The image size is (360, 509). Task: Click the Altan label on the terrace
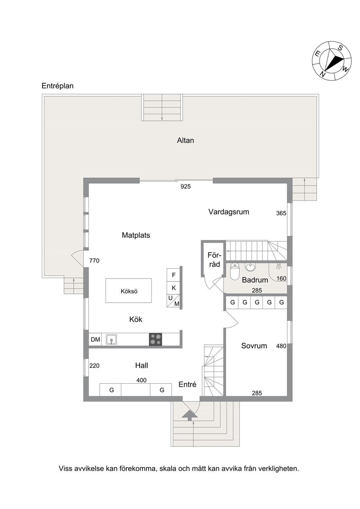coord(185,140)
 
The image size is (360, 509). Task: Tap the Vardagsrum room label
coord(229,212)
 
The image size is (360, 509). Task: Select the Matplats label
coord(136,235)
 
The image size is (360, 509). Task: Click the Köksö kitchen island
coord(128,291)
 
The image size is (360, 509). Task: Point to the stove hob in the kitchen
coord(155,339)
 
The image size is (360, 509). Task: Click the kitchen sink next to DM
coord(111,340)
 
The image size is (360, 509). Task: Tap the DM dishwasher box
coord(95,340)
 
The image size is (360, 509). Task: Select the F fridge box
coord(173,275)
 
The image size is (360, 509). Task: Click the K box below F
coord(173,288)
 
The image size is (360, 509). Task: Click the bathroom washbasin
coord(250,267)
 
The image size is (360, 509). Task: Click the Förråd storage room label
coord(214,260)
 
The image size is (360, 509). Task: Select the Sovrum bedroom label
coord(254,346)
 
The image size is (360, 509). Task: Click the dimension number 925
coord(185,186)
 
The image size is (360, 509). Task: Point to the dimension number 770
coord(94,260)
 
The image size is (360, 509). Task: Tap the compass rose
coord(332,61)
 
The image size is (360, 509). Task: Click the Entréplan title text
coord(57,86)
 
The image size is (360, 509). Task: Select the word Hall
coord(142,365)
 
